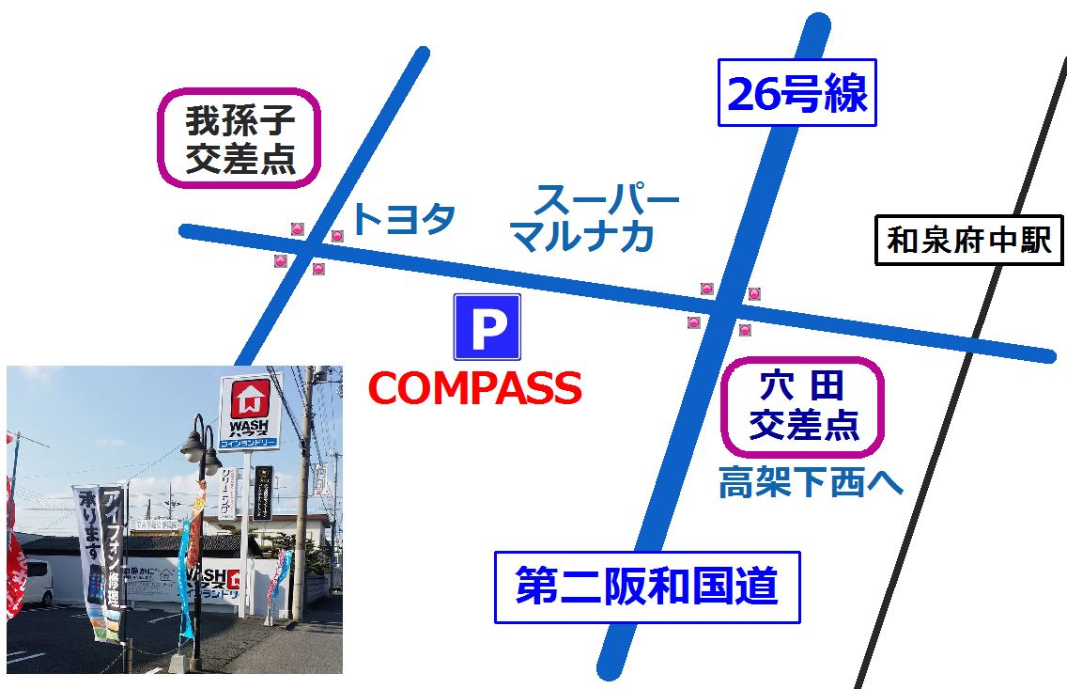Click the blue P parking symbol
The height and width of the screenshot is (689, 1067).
487,327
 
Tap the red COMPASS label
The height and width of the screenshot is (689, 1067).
474,388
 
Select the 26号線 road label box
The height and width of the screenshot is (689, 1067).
796,93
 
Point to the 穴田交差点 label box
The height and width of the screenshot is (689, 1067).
802,406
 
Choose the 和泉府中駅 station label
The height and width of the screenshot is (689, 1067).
968,242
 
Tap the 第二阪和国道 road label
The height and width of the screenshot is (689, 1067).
647,587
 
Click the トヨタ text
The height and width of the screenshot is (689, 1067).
403,219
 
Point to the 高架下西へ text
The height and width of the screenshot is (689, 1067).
810,483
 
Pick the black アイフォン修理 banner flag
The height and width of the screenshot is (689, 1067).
112,555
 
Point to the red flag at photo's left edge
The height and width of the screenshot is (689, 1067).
13,573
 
